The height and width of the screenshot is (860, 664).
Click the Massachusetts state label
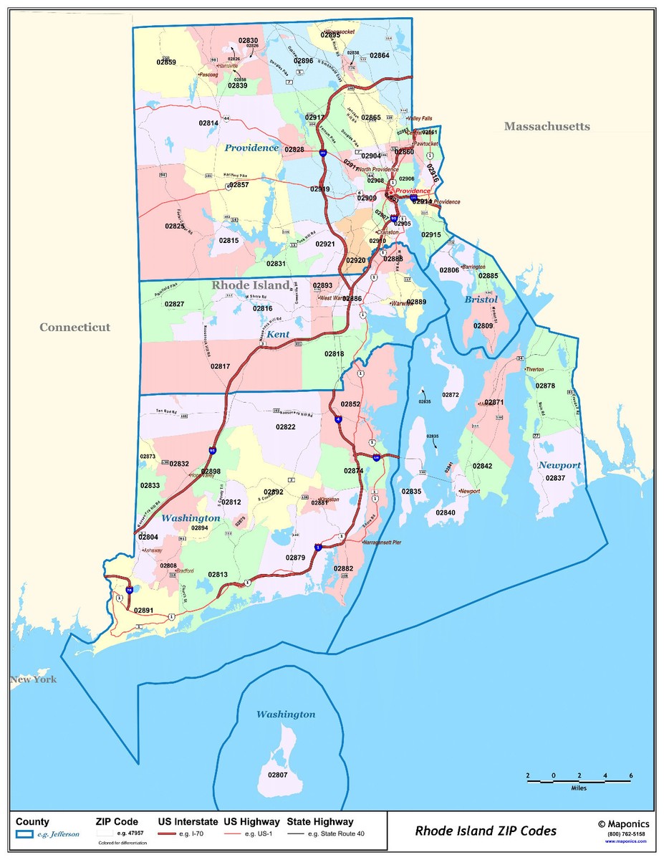[547, 127]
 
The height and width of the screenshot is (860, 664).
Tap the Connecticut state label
[74, 328]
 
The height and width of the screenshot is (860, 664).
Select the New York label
[33, 679]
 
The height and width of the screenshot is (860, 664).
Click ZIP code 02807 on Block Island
[277, 775]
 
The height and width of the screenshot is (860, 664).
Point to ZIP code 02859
[166, 62]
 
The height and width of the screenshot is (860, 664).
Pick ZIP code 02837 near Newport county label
[555, 478]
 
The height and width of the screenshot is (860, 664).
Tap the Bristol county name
[480, 300]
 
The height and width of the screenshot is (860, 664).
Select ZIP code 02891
[144, 611]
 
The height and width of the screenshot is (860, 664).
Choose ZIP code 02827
[174, 305]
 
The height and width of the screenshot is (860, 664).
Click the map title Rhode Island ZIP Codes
[486, 831]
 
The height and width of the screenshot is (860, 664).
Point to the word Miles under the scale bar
[579, 788]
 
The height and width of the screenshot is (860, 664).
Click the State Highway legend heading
[320, 822]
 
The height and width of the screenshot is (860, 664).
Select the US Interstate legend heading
[187, 822]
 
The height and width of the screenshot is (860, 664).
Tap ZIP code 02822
[285, 427]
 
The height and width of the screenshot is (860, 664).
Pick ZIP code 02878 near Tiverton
[545, 386]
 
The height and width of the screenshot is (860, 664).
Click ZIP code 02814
[208, 123]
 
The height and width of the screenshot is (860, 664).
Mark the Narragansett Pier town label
[382, 543]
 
